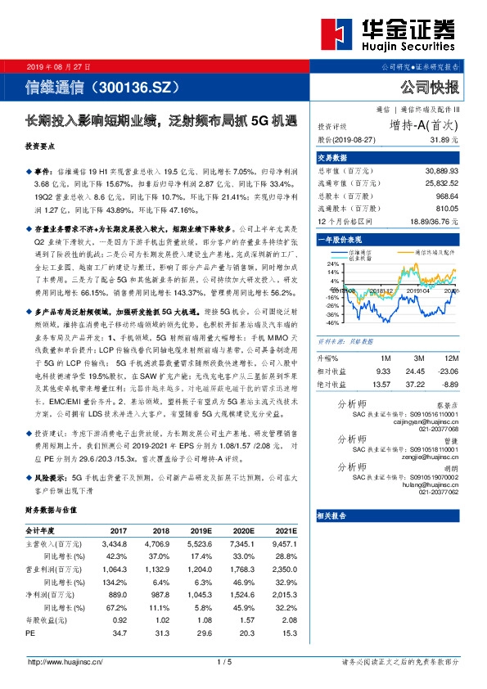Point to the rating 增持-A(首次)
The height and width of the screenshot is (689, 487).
coord(424,125)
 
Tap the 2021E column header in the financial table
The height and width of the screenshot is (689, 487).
coord(286,530)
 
